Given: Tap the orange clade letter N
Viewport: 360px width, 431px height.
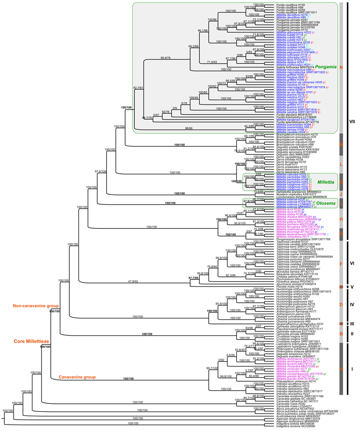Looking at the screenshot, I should (x=341, y=68).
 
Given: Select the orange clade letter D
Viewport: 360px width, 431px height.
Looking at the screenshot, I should (x=341, y=304).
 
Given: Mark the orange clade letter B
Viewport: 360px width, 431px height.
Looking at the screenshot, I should (x=341, y=334).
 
